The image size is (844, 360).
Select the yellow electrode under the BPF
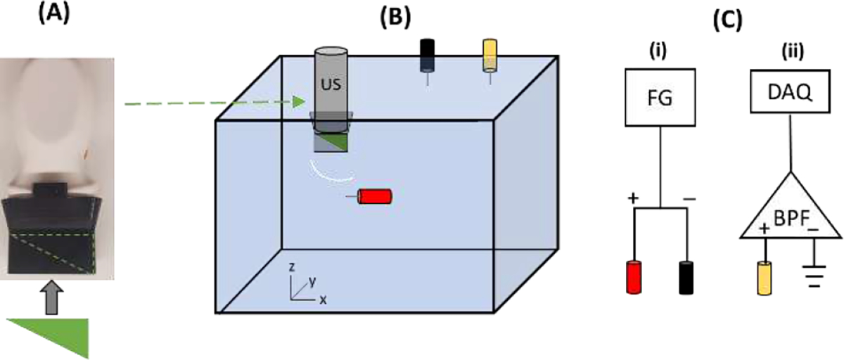(765, 280)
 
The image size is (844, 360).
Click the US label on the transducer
(331, 79)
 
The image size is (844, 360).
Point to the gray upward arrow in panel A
(49, 296)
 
